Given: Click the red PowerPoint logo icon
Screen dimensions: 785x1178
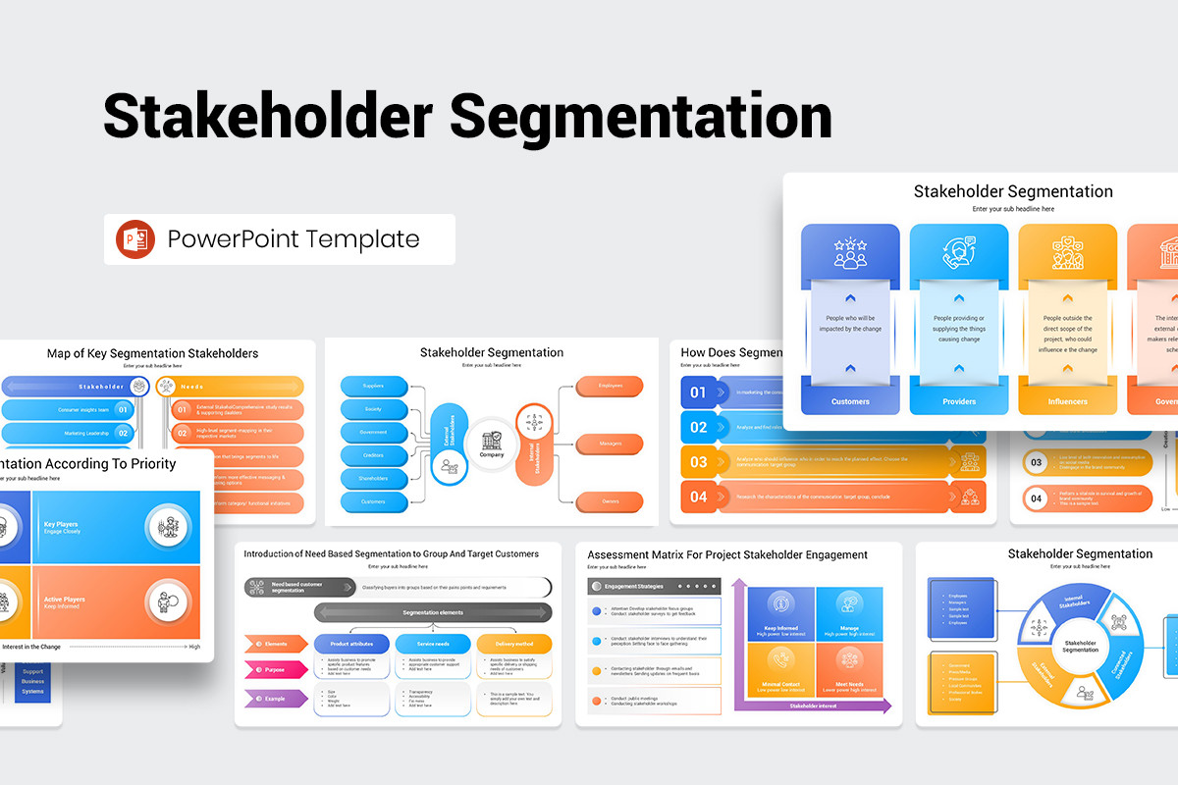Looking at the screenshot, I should coord(135,239).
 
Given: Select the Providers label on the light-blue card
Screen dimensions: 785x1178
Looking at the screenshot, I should coord(958,401).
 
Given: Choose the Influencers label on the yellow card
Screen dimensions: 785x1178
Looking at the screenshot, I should coord(1067,401).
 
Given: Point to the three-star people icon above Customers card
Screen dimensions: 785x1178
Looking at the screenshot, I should coord(850,253).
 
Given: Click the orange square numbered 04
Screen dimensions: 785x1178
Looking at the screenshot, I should coord(698,497).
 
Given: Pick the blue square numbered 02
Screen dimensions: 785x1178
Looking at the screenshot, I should coord(698,427).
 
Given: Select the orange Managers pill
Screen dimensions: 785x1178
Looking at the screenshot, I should coord(610,444).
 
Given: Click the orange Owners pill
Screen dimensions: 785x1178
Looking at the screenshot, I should coord(610,501).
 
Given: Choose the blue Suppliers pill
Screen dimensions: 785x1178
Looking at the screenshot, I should coord(374,386).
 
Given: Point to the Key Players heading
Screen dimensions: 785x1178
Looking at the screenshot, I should coord(61,524).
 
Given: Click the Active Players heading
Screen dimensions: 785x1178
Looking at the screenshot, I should coord(65,599).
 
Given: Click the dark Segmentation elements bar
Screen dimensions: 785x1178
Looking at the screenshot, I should coord(432,612).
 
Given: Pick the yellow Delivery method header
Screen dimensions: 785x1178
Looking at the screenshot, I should coord(513,644).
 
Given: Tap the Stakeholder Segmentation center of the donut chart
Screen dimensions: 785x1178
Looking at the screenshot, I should coord(1080,646).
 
